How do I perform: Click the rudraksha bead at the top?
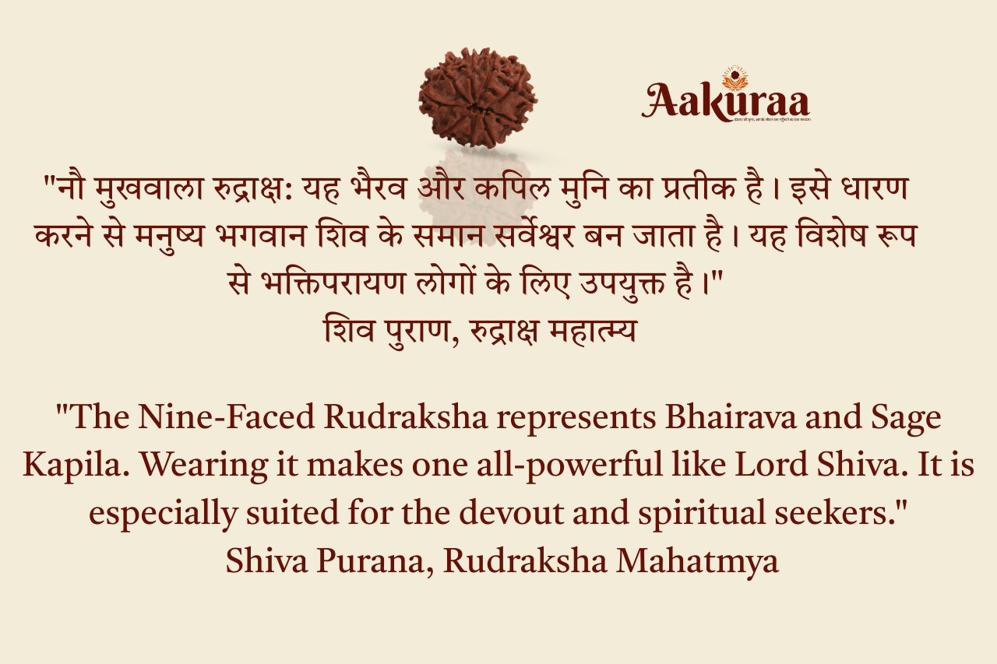(477, 97)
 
